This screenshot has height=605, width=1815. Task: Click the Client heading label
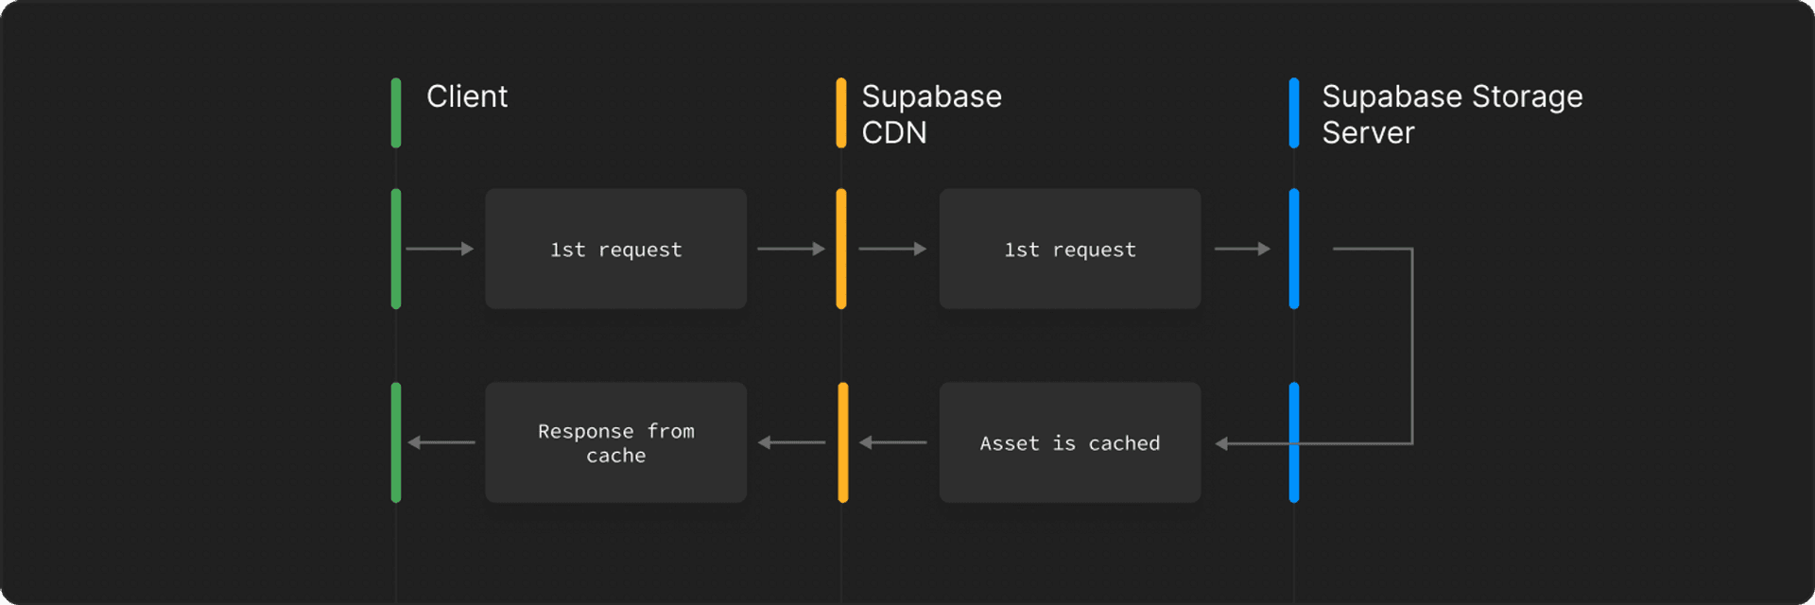(x=466, y=96)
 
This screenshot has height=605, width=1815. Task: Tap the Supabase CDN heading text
(x=930, y=113)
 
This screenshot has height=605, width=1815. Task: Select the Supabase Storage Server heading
(x=1451, y=113)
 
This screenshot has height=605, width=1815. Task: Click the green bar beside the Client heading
(x=396, y=113)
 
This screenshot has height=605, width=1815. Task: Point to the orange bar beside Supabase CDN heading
(x=841, y=113)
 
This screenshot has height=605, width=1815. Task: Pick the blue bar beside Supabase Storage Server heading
(x=1294, y=113)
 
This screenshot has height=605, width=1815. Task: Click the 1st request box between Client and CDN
(x=615, y=249)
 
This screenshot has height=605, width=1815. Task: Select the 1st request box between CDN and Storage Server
(x=1069, y=249)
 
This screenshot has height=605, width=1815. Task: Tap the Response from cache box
(x=615, y=442)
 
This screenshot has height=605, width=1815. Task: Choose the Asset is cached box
(x=1069, y=442)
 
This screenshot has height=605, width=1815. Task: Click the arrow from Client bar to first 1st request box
(x=440, y=249)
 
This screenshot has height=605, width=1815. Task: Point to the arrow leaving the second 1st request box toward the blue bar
(x=1242, y=249)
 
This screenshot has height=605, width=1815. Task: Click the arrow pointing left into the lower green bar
(x=441, y=442)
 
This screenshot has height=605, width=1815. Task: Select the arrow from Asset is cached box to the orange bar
(x=892, y=442)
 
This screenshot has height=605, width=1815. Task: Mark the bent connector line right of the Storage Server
(x=1411, y=345)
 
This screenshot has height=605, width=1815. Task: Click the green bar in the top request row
(x=396, y=249)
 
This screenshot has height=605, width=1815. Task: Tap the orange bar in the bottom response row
(x=842, y=442)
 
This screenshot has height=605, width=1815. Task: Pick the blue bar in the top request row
(x=1294, y=249)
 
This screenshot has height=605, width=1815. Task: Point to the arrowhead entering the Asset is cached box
(x=1221, y=443)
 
